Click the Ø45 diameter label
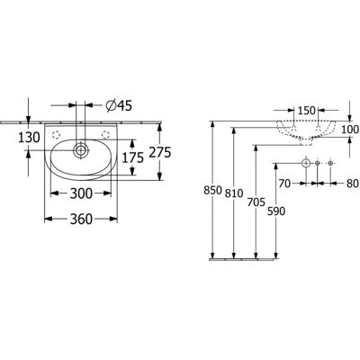click(119, 105)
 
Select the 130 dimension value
click(29, 138)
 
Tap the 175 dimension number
click(132, 157)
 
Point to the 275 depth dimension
click(160, 152)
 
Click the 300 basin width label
click(81, 193)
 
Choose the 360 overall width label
click(81, 220)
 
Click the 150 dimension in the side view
click(307, 111)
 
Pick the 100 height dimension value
click(350, 130)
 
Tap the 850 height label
click(212, 191)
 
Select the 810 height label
click(234, 193)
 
